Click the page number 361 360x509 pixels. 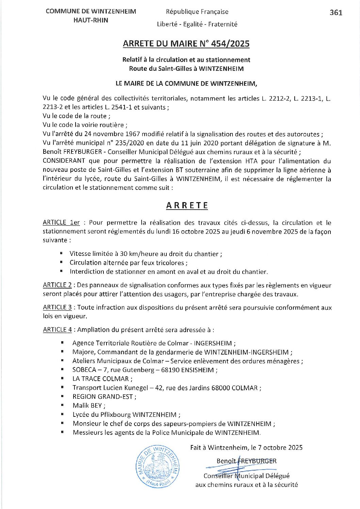[x=336, y=13]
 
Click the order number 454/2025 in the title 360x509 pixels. [x=230, y=44]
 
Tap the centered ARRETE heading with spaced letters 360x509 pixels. [x=187, y=206]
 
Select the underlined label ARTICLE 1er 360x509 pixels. [x=61, y=223]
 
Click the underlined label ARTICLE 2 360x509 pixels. [x=57, y=285]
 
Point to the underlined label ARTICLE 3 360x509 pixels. [x=57, y=307]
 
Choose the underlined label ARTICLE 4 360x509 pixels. [x=57, y=330]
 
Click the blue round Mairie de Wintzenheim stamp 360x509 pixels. [x=158, y=467]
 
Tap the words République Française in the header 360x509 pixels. [x=197, y=12]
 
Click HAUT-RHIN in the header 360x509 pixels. [x=91, y=20]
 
